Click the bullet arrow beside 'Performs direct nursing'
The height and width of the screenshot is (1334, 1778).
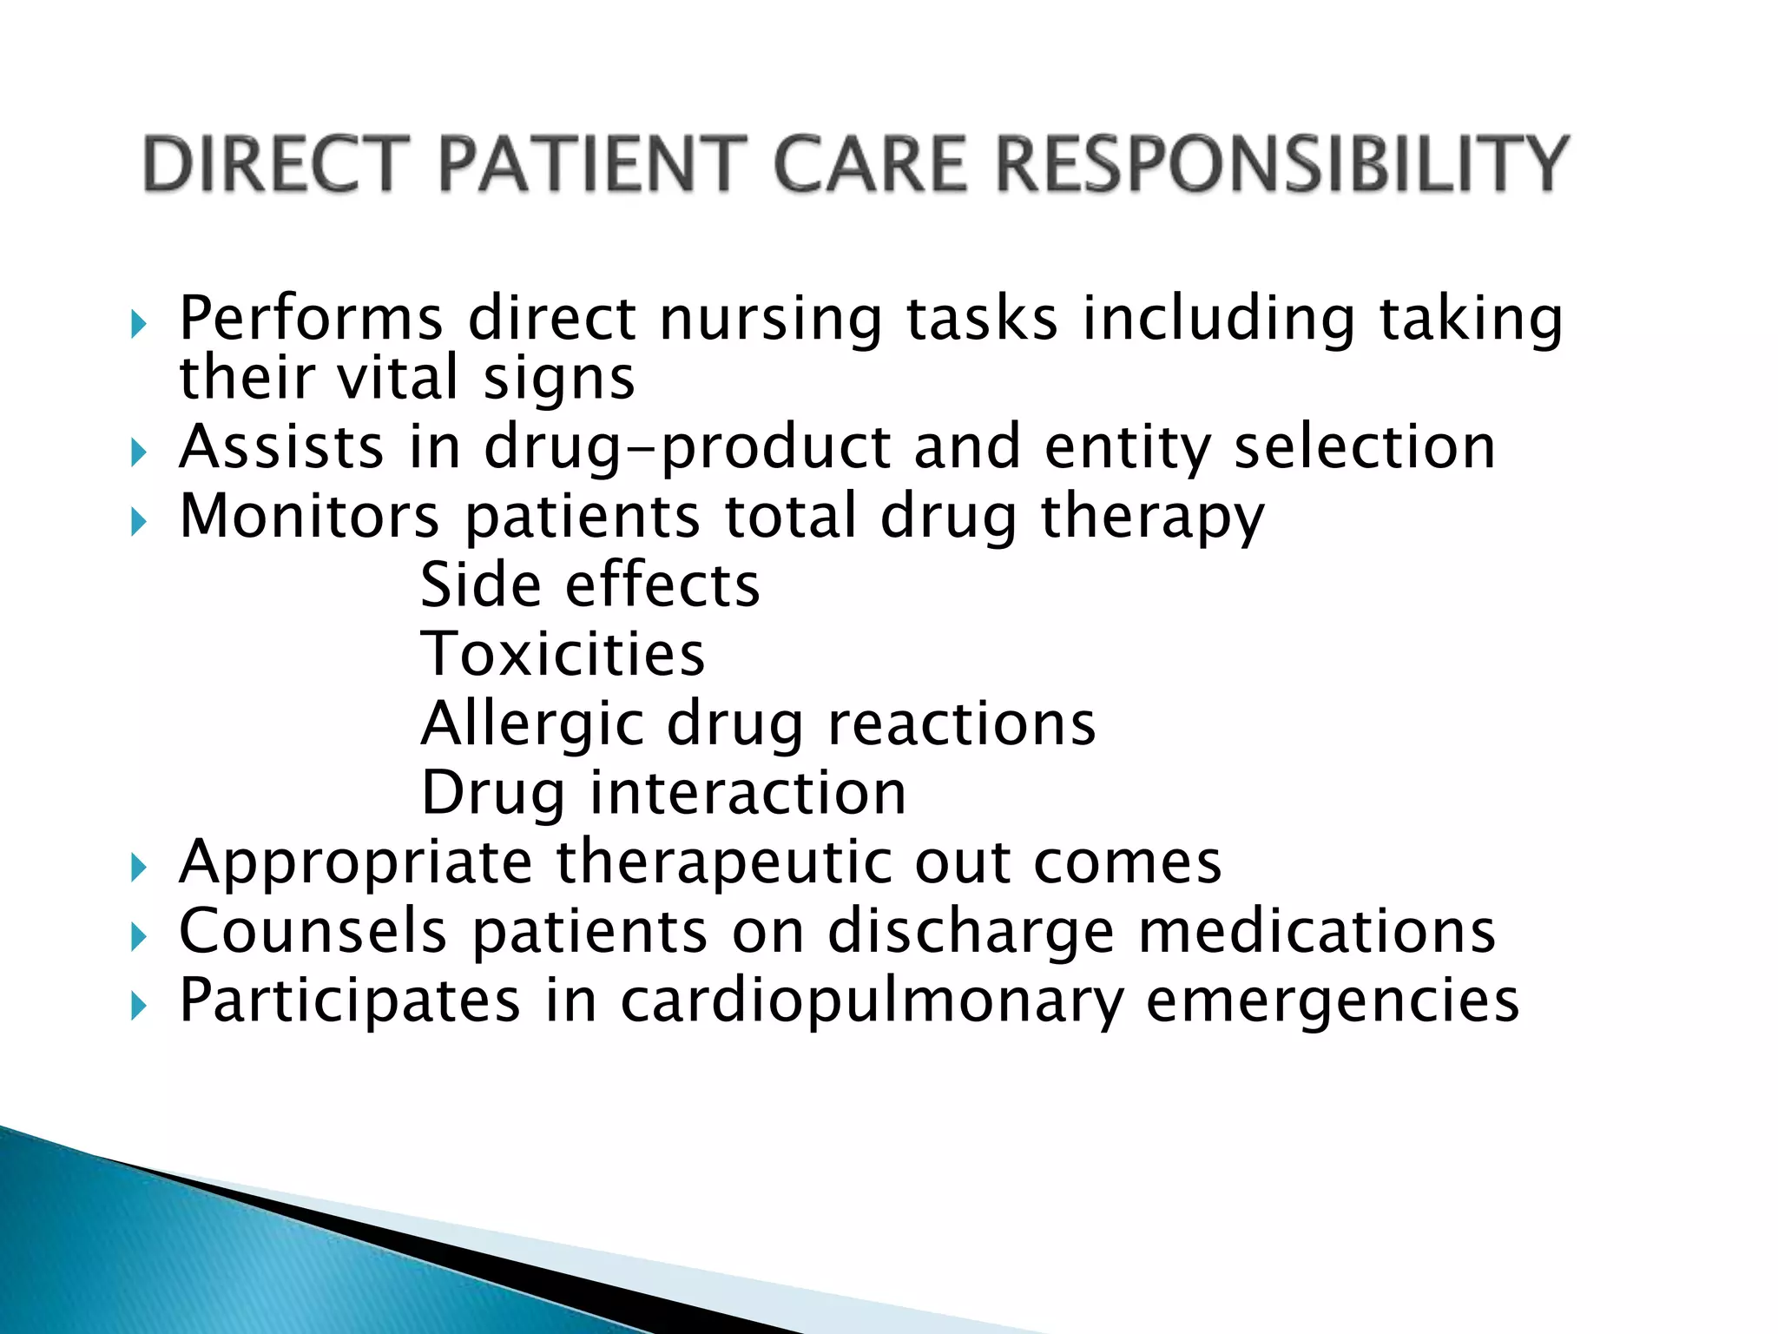point(139,326)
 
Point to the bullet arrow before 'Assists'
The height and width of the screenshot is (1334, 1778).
point(139,452)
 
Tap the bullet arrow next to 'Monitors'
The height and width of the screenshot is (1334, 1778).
point(139,522)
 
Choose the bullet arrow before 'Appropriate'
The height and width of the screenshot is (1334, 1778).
point(139,868)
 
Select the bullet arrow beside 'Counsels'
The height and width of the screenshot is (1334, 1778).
point(139,937)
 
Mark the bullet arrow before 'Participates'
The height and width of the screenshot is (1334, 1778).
point(139,1007)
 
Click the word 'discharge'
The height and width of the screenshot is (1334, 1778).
point(971,932)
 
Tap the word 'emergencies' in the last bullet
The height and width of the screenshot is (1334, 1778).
point(1333,1001)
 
